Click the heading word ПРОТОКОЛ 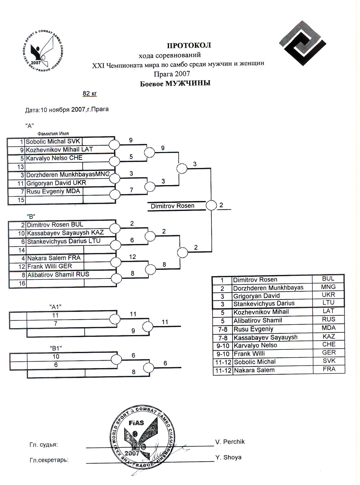(189, 45)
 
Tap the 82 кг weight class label (90, 93)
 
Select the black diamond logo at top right (303, 43)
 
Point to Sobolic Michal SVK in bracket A (53, 142)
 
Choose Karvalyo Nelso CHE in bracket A (54, 158)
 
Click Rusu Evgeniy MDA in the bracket (53, 191)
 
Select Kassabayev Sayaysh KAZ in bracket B (65, 233)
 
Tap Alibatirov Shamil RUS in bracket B (58, 275)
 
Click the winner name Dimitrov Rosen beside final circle (172, 206)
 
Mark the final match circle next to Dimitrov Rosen (211, 206)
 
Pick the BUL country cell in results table (328, 279)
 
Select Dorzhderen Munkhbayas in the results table (268, 288)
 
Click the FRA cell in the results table (329, 369)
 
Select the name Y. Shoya (229, 457)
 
